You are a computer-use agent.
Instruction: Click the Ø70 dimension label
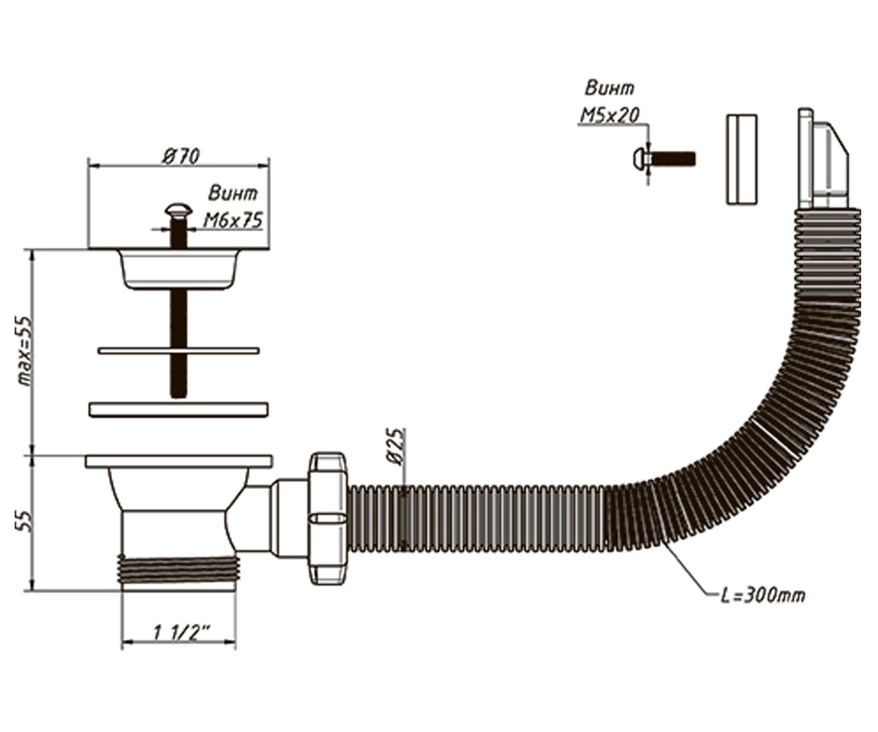click(181, 157)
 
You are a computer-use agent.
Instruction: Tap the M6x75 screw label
click(233, 220)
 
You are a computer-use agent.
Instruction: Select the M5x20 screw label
click(609, 115)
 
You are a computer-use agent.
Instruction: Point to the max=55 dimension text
click(25, 351)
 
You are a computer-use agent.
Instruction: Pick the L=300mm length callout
click(763, 596)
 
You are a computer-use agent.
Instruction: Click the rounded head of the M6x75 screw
click(179, 212)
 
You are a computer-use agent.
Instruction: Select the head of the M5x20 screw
click(639, 159)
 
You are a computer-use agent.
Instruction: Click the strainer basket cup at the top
click(179, 269)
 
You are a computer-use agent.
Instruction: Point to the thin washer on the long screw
click(179, 351)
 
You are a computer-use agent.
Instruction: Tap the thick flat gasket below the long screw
click(179, 410)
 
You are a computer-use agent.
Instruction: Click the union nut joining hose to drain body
click(328, 518)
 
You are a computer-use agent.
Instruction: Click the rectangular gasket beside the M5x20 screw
click(742, 160)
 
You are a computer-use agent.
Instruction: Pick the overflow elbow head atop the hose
click(822, 160)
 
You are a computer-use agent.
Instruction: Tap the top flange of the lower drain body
click(179, 461)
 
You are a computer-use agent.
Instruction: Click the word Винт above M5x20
click(609, 89)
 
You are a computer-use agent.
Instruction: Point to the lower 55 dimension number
click(25, 522)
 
